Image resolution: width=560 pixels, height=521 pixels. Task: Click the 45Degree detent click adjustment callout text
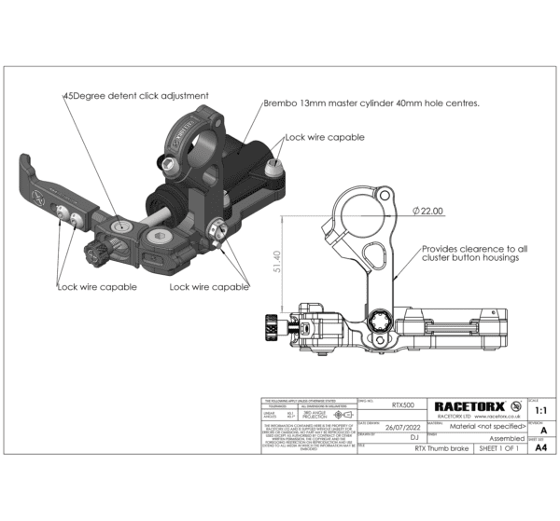135,95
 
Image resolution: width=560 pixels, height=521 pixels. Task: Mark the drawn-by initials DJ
400,437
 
